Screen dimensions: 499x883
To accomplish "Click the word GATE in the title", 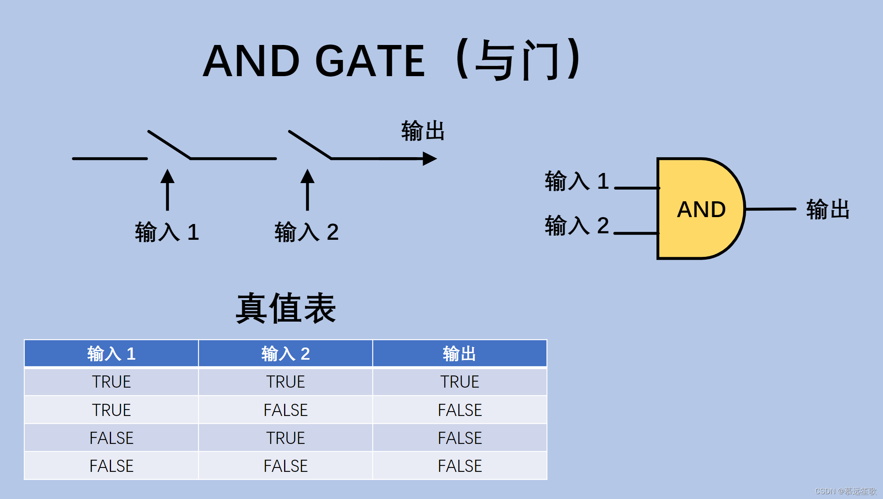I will (370, 61).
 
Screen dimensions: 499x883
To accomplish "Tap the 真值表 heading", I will (286, 308).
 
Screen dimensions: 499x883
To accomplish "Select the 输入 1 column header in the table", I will (111, 354).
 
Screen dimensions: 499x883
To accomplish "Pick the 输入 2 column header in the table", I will (285, 354).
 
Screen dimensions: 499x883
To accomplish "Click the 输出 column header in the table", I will (460, 354).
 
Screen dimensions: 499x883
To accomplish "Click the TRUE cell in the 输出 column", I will (460, 382).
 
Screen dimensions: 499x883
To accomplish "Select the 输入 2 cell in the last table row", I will (285, 466).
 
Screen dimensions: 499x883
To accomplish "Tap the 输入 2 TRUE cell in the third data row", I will (285, 438).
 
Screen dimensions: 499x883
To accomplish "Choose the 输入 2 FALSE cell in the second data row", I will (285, 410).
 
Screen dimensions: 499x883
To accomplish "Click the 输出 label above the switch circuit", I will (423, 131).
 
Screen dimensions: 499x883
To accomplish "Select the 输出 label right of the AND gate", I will (827, 209).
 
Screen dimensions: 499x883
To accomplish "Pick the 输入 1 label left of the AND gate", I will (577, 181).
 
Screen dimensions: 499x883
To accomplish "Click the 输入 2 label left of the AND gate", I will (577, 225).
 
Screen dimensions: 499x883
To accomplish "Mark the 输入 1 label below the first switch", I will (167, 232).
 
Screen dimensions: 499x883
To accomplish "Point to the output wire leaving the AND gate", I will (770, 209).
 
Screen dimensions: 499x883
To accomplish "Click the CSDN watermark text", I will (845, 491).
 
